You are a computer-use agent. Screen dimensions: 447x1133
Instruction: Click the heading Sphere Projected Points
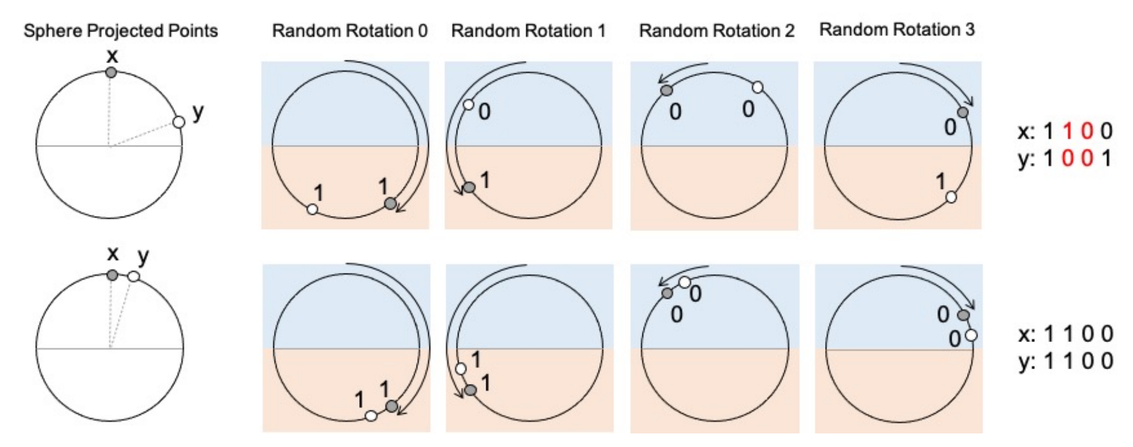(x=120, y=31)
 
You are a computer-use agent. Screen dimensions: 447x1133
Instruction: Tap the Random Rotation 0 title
(x=349, y=31)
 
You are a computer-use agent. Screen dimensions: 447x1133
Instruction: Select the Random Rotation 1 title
(x=528, y=31)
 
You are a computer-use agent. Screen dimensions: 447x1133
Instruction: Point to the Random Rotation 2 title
(x=716, y=31)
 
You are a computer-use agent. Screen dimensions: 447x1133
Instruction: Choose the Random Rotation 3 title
(x=897, y=30)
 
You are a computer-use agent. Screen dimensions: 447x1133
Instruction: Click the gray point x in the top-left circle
(x=111, y=72)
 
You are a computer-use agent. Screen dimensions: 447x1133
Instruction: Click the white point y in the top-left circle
(x=179, y=122)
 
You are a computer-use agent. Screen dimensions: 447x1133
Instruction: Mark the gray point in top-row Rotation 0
(x=389, y=203)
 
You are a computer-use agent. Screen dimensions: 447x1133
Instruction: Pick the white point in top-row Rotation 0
(x=312, y=209)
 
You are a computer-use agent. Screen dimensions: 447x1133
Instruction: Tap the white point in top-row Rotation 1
(x=468, y=105)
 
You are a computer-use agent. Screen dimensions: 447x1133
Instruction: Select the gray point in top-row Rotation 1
(x=469, y=187)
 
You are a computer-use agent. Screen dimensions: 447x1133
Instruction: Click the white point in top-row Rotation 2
(x=758, y=88)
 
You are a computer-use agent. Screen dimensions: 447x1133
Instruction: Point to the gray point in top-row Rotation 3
(x=963, y=112)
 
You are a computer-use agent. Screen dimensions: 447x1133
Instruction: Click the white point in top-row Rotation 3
(x=951, y=197)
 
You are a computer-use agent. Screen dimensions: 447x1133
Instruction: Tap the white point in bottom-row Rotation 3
(x=971, y=335)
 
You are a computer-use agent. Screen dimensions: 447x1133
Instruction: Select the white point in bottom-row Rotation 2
(x=684, y=283)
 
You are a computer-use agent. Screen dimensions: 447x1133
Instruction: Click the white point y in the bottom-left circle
(x=133, y=277)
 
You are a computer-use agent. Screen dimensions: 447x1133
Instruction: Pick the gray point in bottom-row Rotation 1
(x=470, y=390)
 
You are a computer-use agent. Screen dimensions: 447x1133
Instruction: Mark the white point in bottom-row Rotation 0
(x=371, y=416)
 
